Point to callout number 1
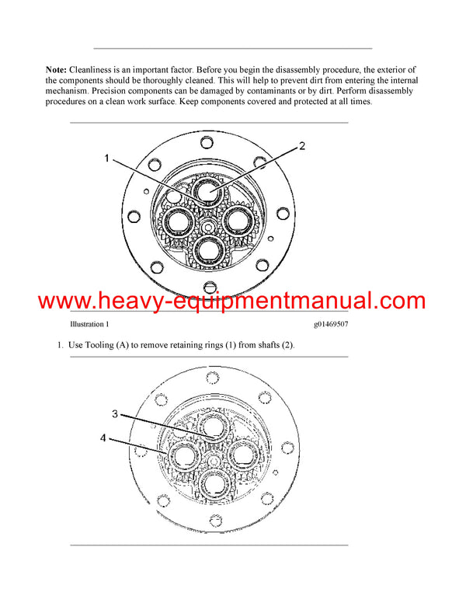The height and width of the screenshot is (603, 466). [108, 159]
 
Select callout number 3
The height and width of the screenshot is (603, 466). [115, 414]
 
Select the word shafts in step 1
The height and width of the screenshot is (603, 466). [267, 345]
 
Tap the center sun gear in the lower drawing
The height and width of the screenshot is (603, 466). [211, 456]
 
